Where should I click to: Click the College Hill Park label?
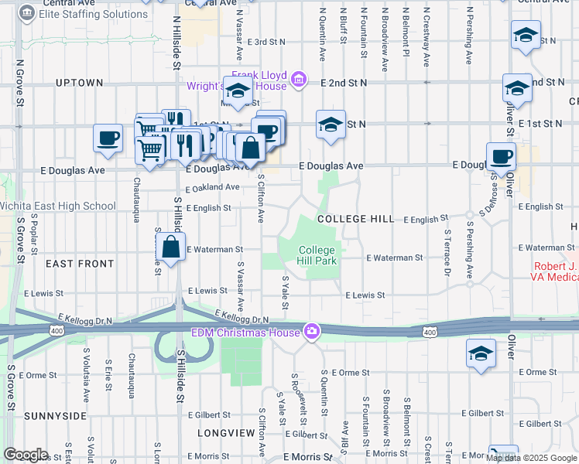point(317,255)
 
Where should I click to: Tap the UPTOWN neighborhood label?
point(79,83)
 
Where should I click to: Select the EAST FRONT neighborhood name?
point(80,264)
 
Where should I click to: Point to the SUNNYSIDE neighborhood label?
point(55,416)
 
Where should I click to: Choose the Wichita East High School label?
point(58,206)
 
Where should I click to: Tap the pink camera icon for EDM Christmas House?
point(311,330)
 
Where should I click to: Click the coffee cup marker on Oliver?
point(501,156)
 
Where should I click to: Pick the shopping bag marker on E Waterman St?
point(170,247)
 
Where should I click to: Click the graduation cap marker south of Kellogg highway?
point(481,353)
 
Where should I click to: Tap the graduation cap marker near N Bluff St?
point(331,125)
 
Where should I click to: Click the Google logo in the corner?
point(26,455)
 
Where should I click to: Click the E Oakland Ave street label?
point(212,187)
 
